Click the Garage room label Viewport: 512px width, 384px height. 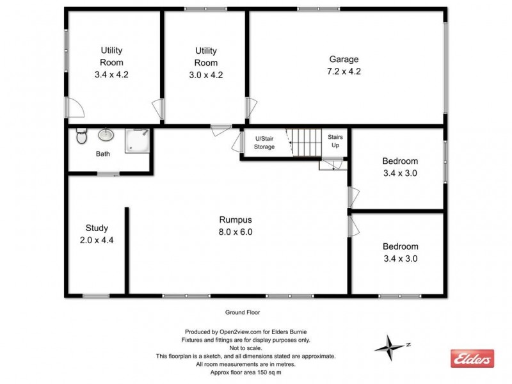[x=344, y=60]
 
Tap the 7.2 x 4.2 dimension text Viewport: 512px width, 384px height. [x=344, y=71]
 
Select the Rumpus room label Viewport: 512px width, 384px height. [x=236, y=220]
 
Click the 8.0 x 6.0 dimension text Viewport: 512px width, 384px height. [x=236, y=232]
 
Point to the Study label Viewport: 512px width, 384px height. [x=97, y=228]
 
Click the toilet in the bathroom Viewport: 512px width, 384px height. [x=81, y=136]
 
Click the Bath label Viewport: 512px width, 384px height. [x=103, y=154]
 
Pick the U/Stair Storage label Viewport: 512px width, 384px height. [x=264, y=143]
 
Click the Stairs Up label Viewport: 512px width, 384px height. [x=335, y=141]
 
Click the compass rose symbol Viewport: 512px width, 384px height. [x=388, y=347]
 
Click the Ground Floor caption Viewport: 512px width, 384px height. [x=241, y=313]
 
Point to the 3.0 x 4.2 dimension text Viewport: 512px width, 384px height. [x=205, y=74]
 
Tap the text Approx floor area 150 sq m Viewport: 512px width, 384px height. [x=246, y=372]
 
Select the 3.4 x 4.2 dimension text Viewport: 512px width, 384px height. [x=111, y=74]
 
